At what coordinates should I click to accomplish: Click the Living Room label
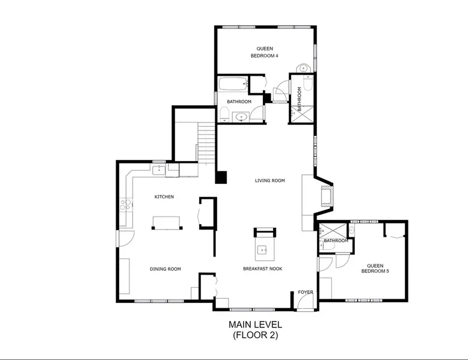[270, 180]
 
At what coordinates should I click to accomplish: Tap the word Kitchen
[164, 197]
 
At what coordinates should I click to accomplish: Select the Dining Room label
[165, 269]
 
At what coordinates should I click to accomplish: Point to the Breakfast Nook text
[263, 269]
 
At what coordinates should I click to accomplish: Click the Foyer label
[306, 292]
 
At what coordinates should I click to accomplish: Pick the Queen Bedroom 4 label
[265, 52]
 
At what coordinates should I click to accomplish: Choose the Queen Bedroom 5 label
[375, 269]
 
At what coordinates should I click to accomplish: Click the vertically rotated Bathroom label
[300, 99]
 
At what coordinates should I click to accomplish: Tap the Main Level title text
[255, 324]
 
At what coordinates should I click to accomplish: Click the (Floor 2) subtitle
[256, 335]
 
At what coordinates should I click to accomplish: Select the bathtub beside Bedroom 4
[233, 84]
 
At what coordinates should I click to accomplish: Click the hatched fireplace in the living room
[327, 196]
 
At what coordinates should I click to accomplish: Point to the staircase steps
[206, 144]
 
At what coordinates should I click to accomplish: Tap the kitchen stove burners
[126, 204]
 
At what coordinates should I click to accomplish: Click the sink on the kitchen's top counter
[159, 170]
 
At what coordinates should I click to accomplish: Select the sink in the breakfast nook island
[262, 249]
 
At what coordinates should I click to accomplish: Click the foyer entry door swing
[305, 302]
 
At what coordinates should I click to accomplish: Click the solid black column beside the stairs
[221, 177]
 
